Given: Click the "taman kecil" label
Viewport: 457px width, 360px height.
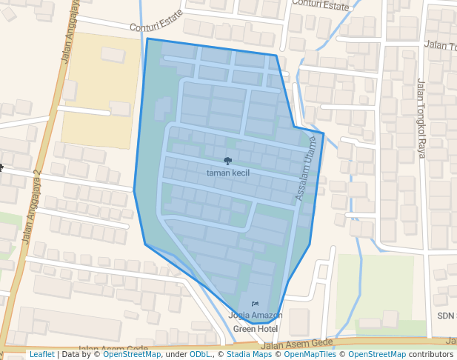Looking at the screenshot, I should (x=228, y=173).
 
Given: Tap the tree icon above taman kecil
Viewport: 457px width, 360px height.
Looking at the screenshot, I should (x=227, y=161).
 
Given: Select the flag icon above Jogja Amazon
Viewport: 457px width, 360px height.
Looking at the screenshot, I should (x=255, y=304).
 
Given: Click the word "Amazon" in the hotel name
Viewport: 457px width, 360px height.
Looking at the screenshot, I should (x=267, y=316).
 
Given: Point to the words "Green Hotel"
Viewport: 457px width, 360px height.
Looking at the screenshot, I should (x=255, y=328).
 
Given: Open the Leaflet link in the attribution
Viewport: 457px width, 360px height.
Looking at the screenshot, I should (x=41, y=355).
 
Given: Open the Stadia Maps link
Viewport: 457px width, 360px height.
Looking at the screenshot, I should (x=250, y=355).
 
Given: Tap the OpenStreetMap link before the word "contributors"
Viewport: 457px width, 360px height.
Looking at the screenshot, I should (x=377, y=355).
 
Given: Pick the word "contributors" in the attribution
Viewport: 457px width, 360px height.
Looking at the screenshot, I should (x=431, y=355).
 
